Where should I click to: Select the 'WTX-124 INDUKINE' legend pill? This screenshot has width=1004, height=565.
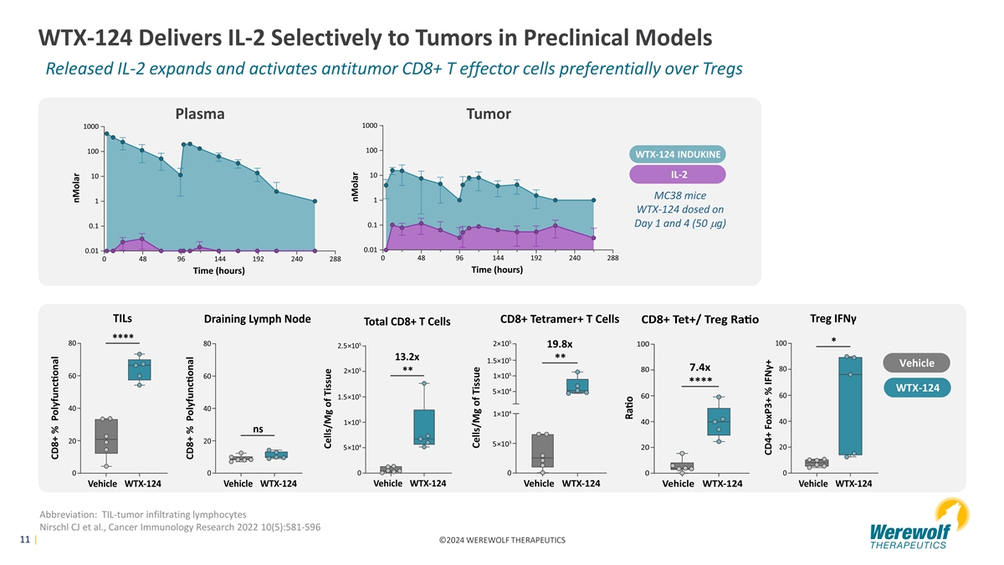[678, 155]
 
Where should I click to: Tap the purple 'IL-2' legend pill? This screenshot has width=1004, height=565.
[678, 174]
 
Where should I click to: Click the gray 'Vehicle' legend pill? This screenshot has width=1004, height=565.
[918, 362]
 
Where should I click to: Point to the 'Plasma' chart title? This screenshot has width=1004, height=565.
[199, 114]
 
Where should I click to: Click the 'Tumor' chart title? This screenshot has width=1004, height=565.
[488, 114]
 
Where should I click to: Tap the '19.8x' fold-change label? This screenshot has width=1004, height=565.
[559, 343]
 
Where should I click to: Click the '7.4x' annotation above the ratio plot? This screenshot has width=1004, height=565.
[700, 367]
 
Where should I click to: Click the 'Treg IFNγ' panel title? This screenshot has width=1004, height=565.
[838, 319]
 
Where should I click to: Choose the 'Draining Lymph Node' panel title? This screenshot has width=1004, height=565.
[258, 319]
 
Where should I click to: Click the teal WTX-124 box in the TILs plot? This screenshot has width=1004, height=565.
[140, 369]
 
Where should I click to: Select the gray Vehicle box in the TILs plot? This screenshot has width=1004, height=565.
[106, 436]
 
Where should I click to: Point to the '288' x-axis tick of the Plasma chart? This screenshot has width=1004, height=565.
[335, 260]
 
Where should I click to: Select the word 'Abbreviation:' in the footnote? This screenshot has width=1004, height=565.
[66, 513]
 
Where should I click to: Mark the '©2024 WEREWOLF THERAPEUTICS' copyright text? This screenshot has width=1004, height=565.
[501, 540]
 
